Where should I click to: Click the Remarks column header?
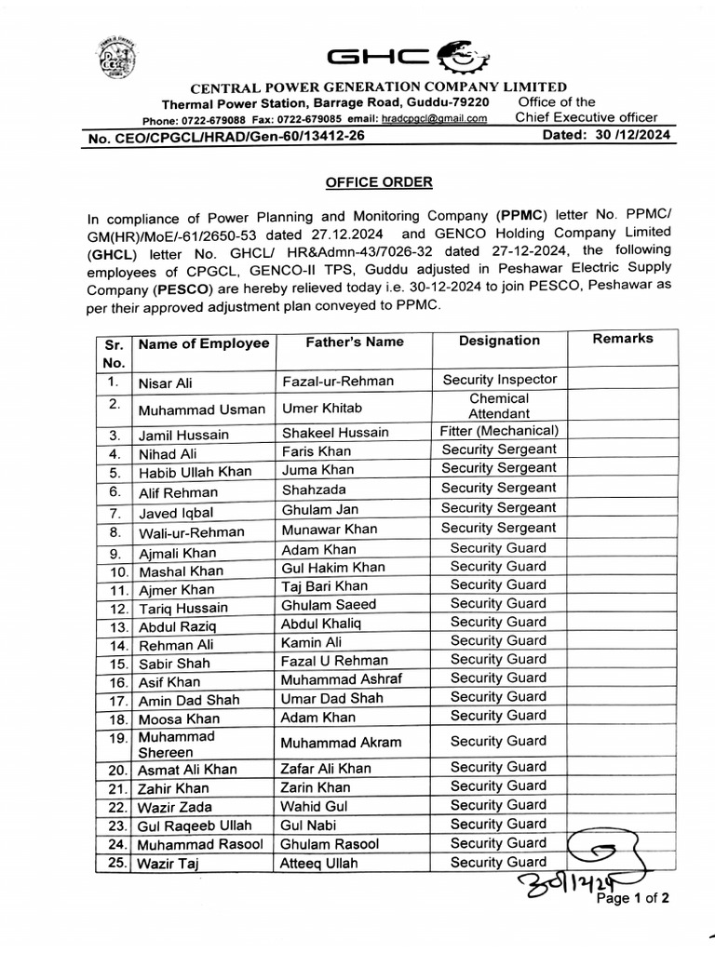click(x=623, y=339)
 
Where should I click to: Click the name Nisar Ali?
click(x=166, y=383)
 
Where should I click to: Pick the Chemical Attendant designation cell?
click(x=499, y=406)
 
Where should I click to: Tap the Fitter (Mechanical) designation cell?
click(x=499, y=431)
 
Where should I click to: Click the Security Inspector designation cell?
click(x=499, y=380)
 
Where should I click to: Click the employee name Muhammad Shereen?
click(x=176, y=744)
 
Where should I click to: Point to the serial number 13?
click(x=118, y=626)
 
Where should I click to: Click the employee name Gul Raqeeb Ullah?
click(x=195, y=825)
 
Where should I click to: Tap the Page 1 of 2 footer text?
click(x=634, y=898)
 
